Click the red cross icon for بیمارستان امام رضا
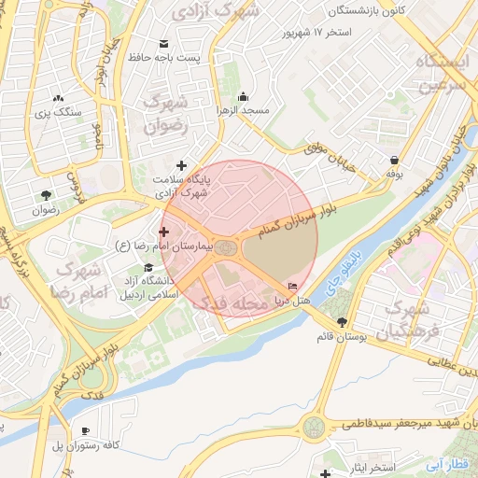coord(164,231)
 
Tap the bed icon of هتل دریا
coord(294,287)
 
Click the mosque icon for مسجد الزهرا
coord(244,96)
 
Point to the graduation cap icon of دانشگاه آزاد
coord(148,269)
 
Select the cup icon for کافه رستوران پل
coord(86,430)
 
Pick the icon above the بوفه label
coord(395,159)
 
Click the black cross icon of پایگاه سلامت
coord(181,165)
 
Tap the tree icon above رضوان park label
coord(45,195)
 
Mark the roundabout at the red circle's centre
coord(225,246)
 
